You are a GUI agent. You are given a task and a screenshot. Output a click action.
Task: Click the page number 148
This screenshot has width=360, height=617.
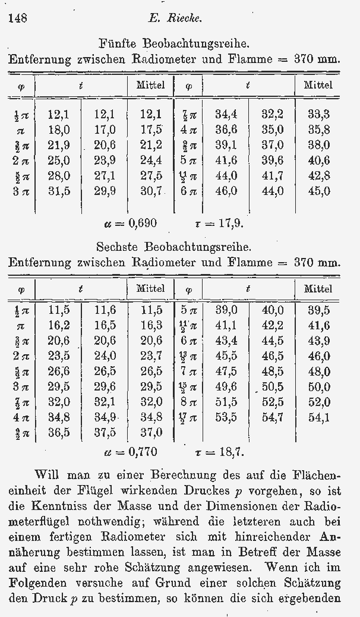coord(17,18)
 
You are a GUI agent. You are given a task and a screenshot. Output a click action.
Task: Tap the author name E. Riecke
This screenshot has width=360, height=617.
coord(175,18)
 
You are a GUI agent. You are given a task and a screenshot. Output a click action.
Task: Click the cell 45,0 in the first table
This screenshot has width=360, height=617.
coord(318,191)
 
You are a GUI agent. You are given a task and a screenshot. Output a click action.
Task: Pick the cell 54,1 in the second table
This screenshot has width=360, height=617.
coord(318,417)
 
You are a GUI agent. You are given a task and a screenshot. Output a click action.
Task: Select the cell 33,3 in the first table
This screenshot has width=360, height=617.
coord(318,114)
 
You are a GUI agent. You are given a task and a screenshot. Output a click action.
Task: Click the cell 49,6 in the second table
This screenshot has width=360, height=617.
coord(225,386)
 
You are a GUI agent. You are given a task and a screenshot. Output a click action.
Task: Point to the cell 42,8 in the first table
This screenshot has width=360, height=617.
coord(318,176)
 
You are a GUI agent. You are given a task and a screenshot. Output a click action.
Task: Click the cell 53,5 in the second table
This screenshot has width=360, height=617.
coord(225,417)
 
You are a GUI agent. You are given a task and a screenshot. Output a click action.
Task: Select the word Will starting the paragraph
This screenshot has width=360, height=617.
coord(48,475)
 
